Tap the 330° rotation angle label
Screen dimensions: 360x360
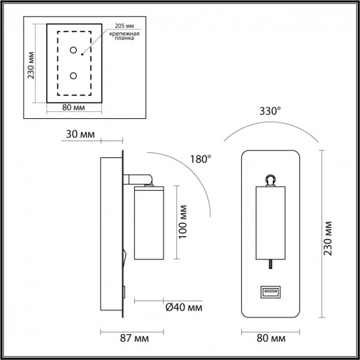(271, 110)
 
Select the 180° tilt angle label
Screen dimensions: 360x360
(200, 159)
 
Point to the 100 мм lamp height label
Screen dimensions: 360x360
(183, 222)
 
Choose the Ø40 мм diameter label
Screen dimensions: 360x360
(184, 307)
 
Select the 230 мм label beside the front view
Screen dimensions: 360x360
(329, 239)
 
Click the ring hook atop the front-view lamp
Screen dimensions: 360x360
(270, 180)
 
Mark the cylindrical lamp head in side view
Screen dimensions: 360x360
(148, 222)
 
